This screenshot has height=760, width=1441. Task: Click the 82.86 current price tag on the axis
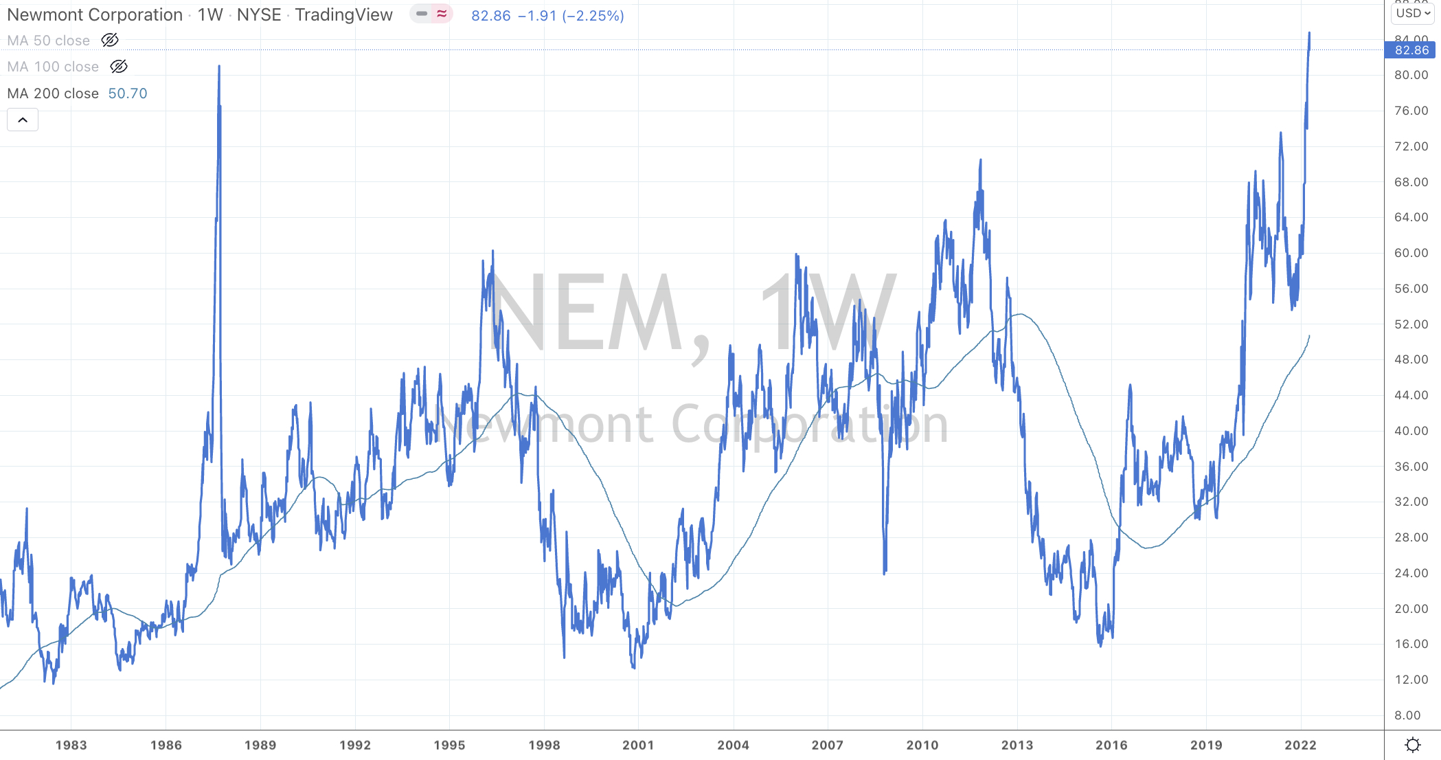[1411, 50]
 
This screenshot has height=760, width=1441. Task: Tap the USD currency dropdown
[1412, 13]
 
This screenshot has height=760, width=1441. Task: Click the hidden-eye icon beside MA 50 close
[110, 41]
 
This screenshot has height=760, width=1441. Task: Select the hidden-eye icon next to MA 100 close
[119, 67]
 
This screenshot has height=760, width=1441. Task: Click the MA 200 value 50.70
[128, 93]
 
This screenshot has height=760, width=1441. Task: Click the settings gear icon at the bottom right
[1412, 745]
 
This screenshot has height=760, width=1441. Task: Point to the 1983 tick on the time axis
[71, 745]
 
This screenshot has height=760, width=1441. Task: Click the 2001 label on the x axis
[638, 745]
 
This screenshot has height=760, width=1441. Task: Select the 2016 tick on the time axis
[1111, 745]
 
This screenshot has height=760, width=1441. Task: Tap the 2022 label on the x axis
[1300, 745]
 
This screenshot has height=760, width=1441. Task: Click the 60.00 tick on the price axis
[1411, 253]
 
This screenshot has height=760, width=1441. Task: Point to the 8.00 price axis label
[1407, 715]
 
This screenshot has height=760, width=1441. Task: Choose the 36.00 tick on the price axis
[1411, 467]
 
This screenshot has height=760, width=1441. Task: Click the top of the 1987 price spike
[219, 67]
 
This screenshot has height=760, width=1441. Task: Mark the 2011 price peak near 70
[980, 161]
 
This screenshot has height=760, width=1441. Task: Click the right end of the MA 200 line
[1309, 336]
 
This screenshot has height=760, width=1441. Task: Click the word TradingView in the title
[343, 15]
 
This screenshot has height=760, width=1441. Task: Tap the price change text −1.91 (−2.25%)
[571, 16]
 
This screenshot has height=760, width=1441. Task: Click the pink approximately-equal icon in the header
[442, 14]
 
